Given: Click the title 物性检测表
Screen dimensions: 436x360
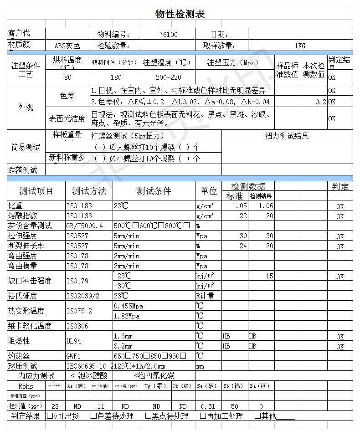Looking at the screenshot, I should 180,14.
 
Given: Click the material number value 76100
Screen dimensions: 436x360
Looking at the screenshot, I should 169,34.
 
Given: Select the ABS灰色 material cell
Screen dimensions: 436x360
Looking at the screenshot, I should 67,46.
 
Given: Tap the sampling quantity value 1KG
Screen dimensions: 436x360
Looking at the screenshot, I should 299,46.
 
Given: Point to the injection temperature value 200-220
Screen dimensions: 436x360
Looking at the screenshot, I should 168,77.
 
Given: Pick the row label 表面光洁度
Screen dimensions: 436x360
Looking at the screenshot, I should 67,119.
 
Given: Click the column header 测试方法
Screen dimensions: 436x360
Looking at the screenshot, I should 89,191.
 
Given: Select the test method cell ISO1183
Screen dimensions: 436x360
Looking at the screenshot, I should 79,206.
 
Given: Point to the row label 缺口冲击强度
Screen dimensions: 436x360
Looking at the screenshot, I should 30,281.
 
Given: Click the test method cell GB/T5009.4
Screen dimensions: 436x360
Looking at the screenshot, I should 85,226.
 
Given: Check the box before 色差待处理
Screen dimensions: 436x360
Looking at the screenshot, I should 93,416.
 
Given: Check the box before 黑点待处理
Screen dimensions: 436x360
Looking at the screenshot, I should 148,416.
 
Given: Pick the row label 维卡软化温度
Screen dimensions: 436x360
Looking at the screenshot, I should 30,326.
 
